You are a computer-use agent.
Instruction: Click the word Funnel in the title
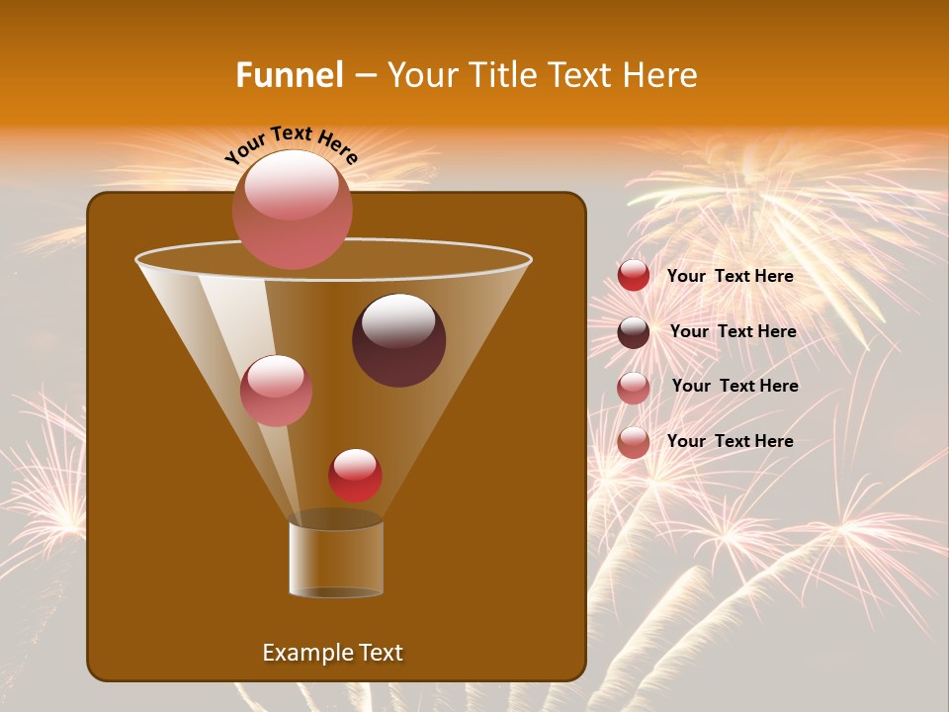[289, 75]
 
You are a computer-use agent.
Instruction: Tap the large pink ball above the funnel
[292, 209]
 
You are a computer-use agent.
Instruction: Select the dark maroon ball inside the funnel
[398, 340]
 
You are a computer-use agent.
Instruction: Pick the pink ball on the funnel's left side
[276, 391]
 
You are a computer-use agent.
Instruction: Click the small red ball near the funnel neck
[355, 476]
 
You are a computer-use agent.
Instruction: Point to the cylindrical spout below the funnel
[336, 559]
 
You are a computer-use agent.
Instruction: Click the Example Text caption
[332, 653]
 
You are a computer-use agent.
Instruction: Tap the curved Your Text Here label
[292, 144]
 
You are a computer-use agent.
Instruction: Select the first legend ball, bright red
[634, 276]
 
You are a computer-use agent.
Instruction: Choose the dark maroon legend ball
[634, 332]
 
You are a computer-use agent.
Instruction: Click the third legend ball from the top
[634, 387]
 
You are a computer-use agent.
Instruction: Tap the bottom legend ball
[634, 442]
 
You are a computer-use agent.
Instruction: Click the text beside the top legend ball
[730, 277]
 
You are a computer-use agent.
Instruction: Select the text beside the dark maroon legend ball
[733, 332]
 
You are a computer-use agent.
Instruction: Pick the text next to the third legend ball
[734, 387]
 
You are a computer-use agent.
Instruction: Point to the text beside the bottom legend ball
[730, 442]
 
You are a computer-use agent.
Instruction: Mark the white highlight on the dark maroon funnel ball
[398, 320]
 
